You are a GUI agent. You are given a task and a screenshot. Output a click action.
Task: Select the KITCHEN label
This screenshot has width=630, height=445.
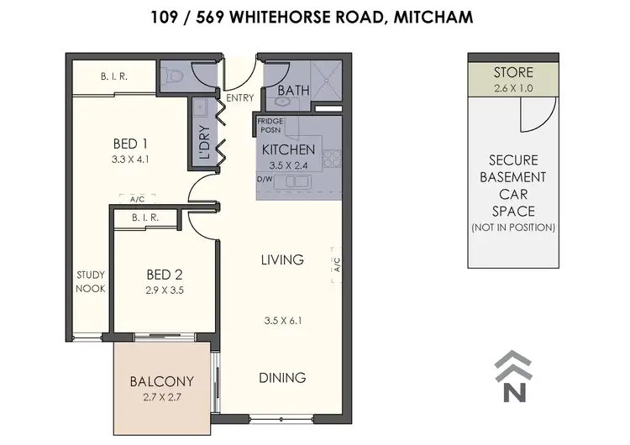(x=288, y=149)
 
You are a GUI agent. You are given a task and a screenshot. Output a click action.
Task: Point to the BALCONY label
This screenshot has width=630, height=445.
(x=162, y=380)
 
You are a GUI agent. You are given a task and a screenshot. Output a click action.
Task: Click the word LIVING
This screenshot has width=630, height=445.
(x=282, y=260)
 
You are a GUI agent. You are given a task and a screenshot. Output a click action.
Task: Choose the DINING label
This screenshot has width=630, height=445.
(x=282, y=377)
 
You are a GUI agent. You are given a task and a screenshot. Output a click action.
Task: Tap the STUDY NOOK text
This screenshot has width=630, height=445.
(x=91, y=281)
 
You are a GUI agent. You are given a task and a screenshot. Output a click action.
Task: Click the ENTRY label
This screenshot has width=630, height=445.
(x=240, y=98)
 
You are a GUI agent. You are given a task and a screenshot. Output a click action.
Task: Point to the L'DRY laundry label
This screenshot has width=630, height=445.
(x=204, y=144)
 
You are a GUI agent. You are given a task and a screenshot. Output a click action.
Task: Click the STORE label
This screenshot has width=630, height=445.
(x=512, y=72)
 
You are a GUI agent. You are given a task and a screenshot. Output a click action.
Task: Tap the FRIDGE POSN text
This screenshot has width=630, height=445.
(x=270, y=125)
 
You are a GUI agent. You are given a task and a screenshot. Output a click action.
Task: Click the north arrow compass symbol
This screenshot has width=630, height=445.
(x=512, y=376)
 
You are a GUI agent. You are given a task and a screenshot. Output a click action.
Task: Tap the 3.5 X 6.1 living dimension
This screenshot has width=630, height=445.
(x=282, y=320)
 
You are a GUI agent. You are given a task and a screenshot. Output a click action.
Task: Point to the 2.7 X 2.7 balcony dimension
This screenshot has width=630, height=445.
(x=162, y=396)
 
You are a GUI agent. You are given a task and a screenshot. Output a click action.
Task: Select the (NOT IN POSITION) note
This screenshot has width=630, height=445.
(x=512, y=228)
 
